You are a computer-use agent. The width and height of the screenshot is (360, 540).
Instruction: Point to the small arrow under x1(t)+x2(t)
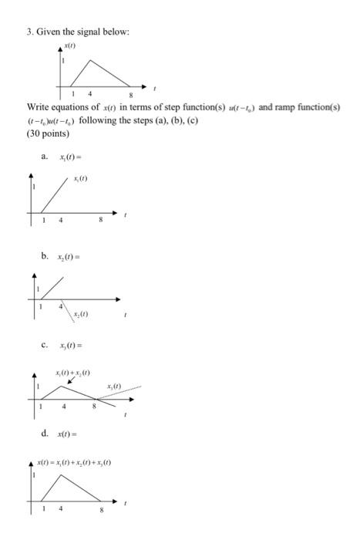[72, 380]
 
